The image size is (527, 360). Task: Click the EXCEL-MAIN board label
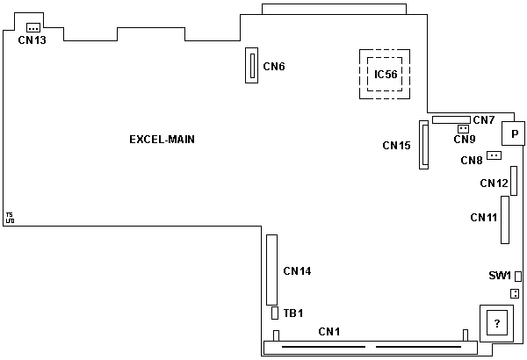coord(162,139)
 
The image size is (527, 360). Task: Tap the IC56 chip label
coord(386,75)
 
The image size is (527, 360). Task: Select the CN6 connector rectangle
coord(251,65)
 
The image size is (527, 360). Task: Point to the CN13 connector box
coord(33,29)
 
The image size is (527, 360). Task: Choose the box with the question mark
coord(497,323)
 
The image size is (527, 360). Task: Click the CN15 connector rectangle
coord(425,145)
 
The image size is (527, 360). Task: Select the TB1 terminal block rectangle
coord(275,313)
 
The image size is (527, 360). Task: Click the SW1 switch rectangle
coord(518,276)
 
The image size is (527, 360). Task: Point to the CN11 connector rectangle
coord(505,218)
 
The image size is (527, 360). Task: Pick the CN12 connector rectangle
coord(515,179)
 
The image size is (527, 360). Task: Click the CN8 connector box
coord(494,155)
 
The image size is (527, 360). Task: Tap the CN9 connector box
coord(463,128)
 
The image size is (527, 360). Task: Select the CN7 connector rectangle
coord(451,119)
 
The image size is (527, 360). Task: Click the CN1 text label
coord(328,331)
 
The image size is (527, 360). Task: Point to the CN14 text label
coord(297,270)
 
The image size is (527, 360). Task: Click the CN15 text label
coord(397,145)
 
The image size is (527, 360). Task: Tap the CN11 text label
coord(484,217)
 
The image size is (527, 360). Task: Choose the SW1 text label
coord(500,276)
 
